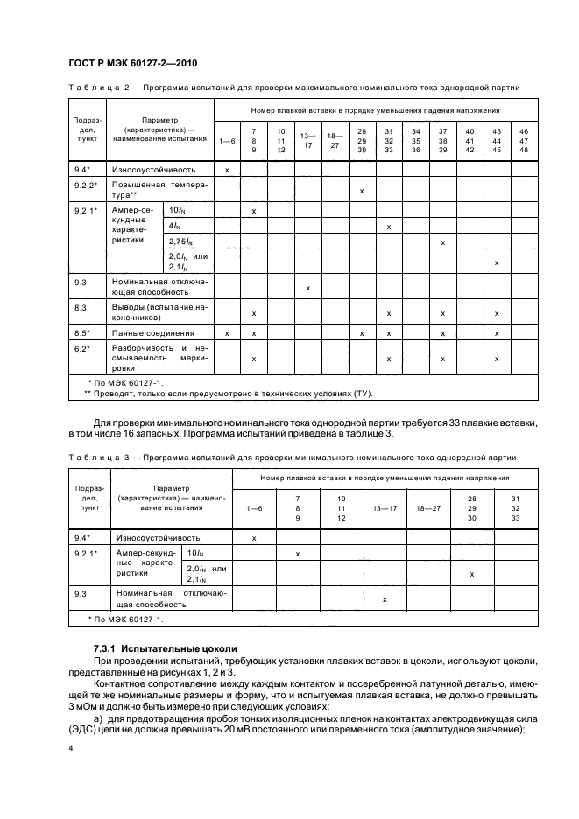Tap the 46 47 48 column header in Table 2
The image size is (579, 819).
tap(524, 140)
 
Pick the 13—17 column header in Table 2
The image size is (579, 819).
tap(307, 140)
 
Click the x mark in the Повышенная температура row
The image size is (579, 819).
tap(362, 190)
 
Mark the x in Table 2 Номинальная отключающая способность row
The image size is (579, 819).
tap(307, 288)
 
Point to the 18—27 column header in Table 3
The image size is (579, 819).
tap(428, 507)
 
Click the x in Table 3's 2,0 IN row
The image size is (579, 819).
tap(472, 574)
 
